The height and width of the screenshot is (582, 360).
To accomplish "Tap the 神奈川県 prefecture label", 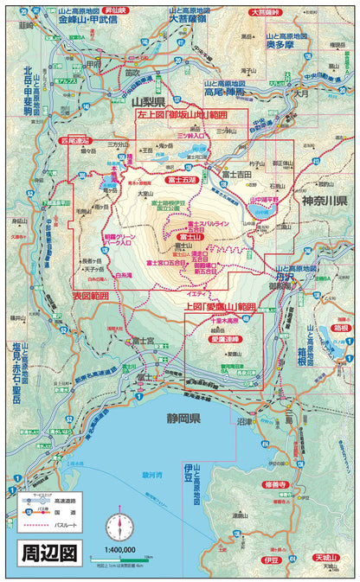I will (324, 200).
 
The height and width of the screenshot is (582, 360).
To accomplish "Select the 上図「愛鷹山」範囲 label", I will (221, 307).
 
